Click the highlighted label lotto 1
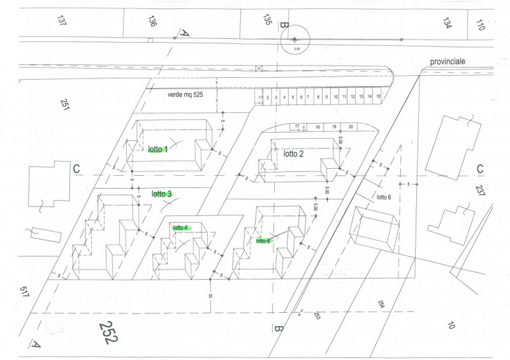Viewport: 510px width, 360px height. [157, 150]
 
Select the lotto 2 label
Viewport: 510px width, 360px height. [294, 154]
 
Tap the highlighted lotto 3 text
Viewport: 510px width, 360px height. [161, 194]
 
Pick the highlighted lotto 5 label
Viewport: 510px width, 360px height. [263, 241]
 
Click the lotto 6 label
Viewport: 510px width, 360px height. [383, 197]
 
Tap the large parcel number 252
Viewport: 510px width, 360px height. [108, 332]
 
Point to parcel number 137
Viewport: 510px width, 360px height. [62, 20]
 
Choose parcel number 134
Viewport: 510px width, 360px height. [447, 24]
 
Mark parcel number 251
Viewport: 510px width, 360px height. [65, 104]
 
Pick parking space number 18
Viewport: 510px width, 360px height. [317, 127]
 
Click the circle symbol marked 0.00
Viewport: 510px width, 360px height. [295, 40]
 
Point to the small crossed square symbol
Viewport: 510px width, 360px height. [258, 68]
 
